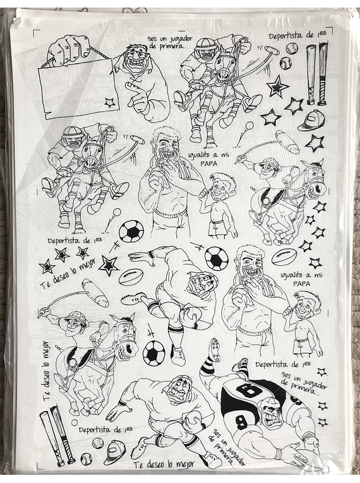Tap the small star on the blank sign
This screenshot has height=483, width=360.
[109, 102]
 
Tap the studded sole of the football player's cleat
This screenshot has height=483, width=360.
[215, 350]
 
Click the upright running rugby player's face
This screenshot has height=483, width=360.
[179, 389]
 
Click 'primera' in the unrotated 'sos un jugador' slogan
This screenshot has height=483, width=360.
[164, 45]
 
